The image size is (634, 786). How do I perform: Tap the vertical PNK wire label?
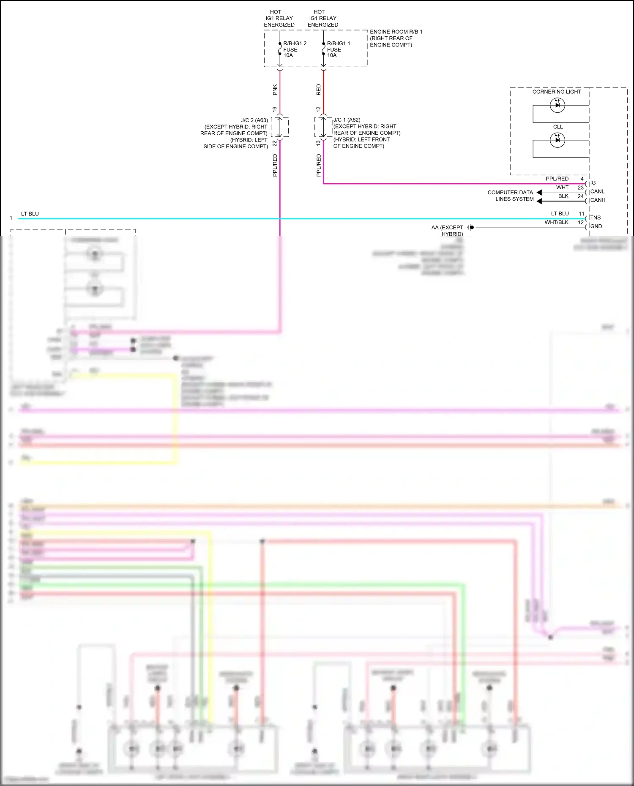275,90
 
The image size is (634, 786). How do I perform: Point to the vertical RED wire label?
319,90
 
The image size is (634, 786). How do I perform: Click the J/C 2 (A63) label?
254,120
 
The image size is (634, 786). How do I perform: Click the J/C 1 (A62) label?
347,120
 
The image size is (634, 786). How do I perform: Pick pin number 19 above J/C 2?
275,109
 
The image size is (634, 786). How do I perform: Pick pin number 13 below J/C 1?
318,144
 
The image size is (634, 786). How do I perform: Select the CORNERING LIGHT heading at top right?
556,92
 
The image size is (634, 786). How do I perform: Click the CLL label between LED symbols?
558,127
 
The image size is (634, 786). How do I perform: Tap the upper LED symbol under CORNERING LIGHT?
557,105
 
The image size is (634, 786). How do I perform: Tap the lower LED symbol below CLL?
557,140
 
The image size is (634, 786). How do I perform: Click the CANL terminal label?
597,192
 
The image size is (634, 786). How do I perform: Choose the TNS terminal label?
595,218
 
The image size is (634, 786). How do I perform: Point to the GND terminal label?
596,226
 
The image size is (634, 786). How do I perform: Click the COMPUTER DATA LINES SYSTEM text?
511,196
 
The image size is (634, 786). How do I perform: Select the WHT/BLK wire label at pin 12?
556,223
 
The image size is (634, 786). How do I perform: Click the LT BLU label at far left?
30,214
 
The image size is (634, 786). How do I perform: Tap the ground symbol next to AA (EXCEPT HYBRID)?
471,227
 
